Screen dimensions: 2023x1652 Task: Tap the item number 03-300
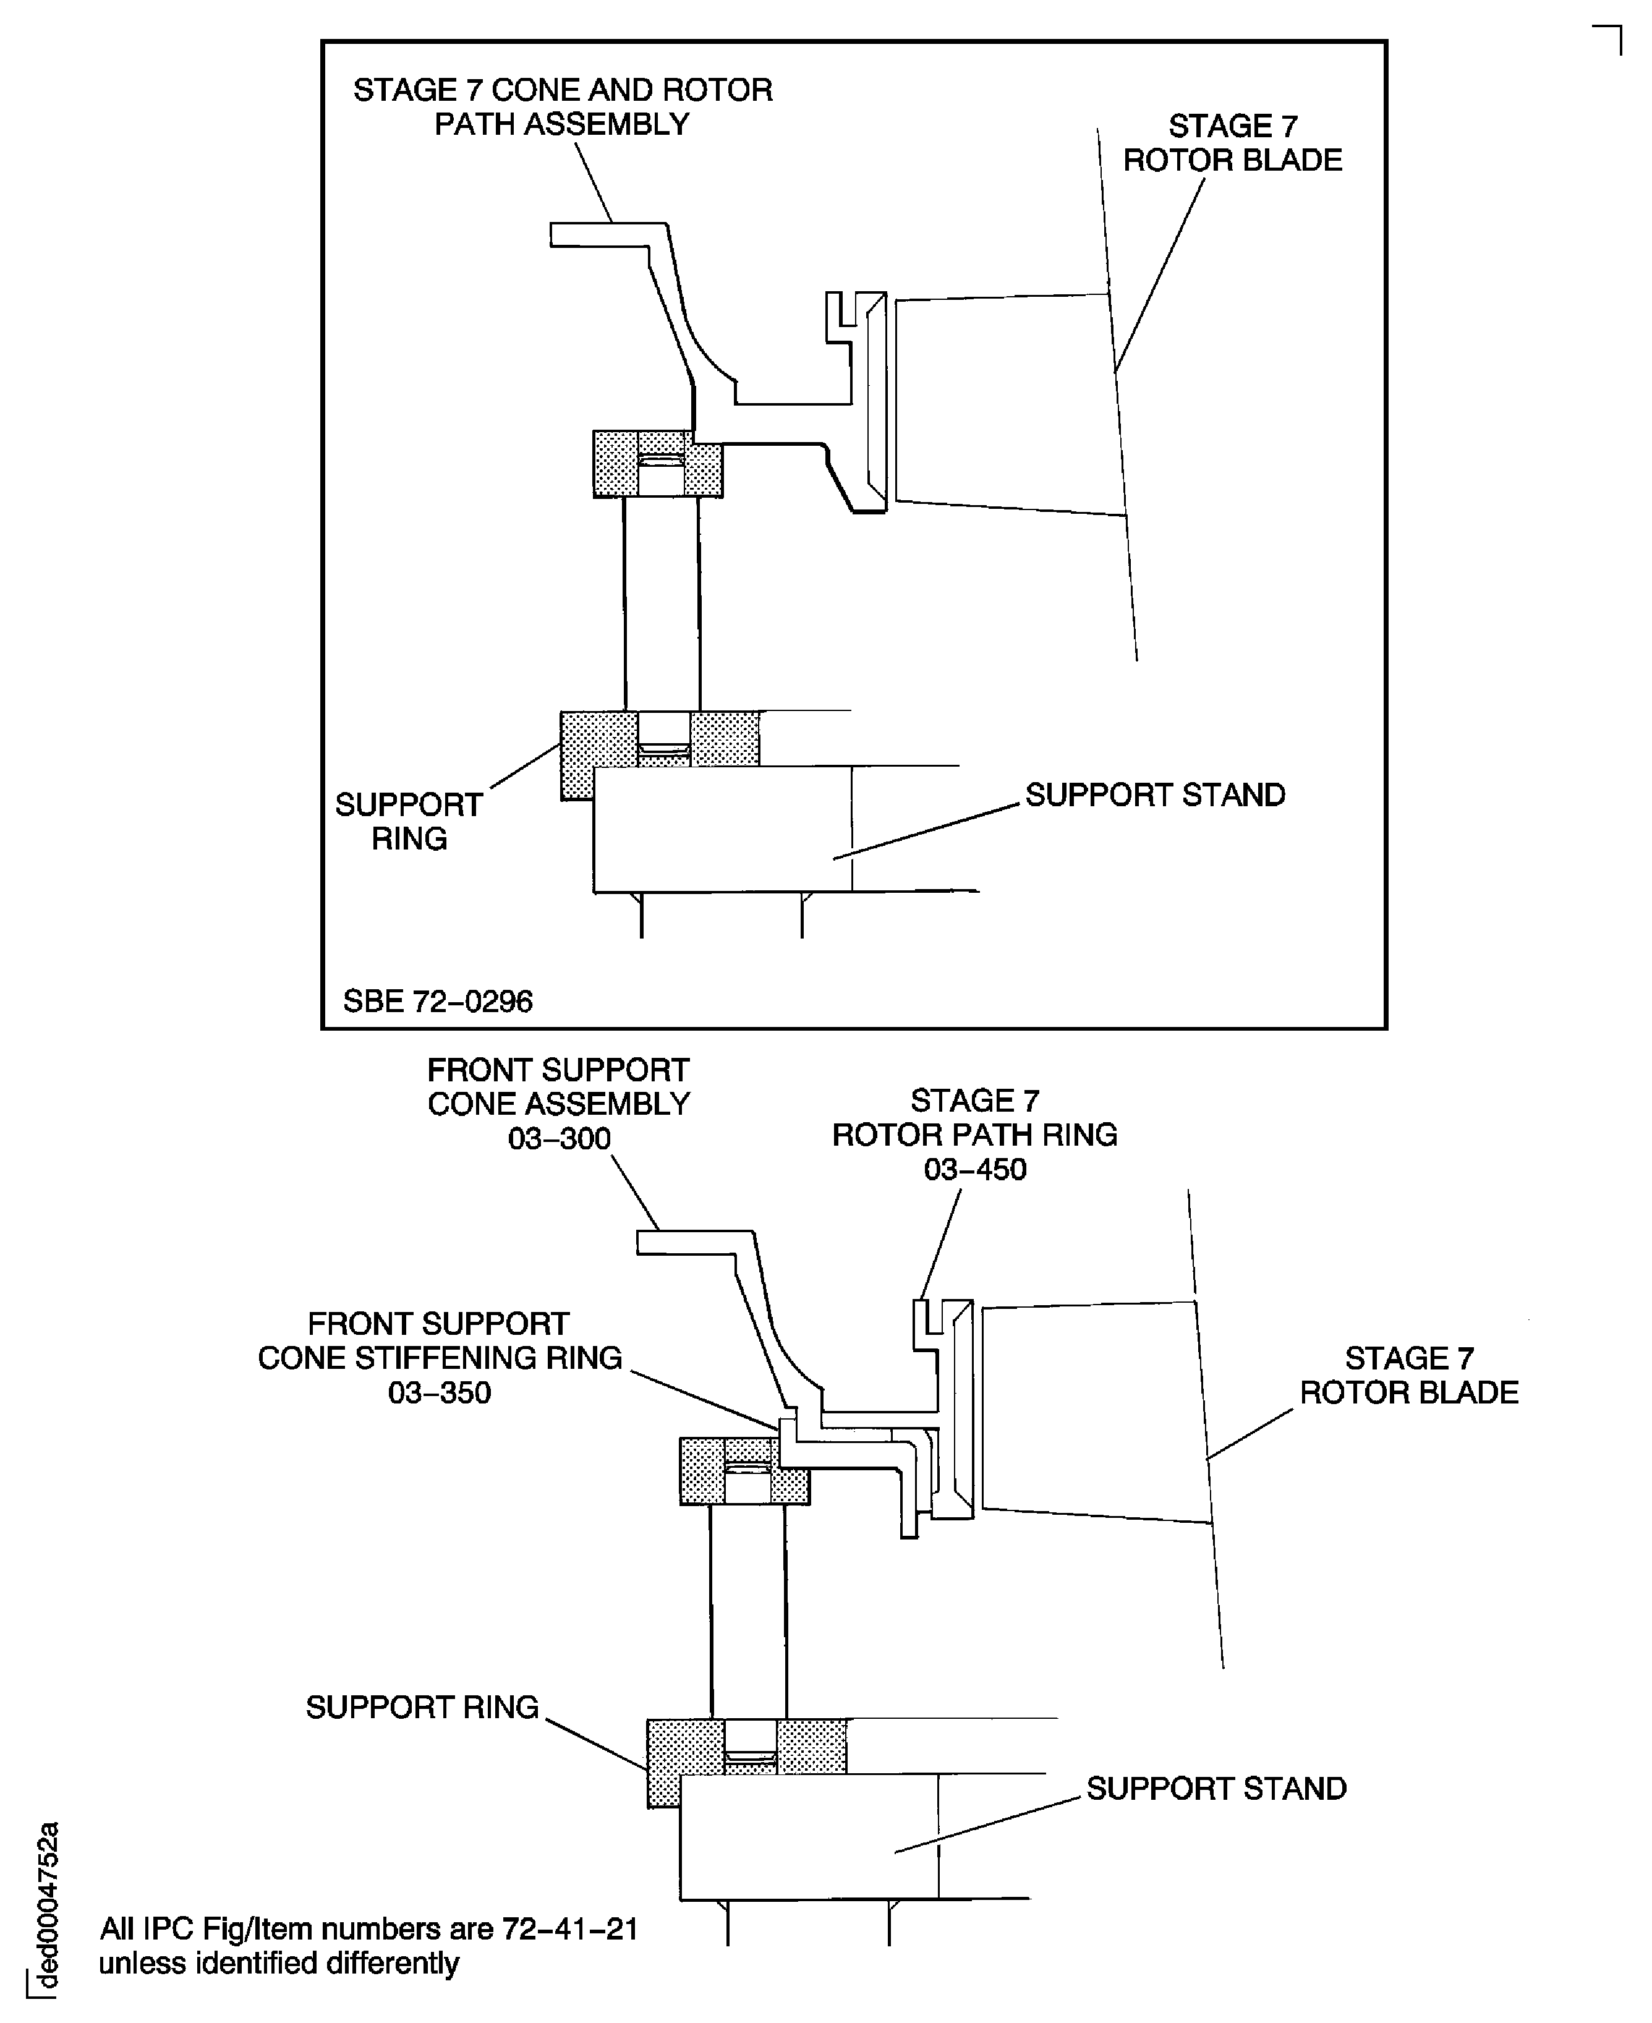coord(558,1138)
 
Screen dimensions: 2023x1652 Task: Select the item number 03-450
coord(974,1169)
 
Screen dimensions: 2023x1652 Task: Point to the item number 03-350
coord(439,1392)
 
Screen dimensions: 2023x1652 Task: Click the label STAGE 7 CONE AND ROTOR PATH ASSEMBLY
coord(563,106)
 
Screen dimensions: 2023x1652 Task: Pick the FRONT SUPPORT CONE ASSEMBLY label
coord(558,1087)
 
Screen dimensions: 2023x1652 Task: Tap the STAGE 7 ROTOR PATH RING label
coord(974,1117)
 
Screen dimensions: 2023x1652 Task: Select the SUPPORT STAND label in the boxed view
coord(1154,794)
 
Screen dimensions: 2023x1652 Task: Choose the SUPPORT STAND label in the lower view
coord(1216,1788)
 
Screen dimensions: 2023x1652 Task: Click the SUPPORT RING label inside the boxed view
coord(409,821)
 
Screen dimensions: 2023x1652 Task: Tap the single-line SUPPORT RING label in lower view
coord(422,1707)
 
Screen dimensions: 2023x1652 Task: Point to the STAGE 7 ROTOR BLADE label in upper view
coord(1232,143)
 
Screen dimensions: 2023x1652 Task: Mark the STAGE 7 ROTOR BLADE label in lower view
coord(1408,1375)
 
